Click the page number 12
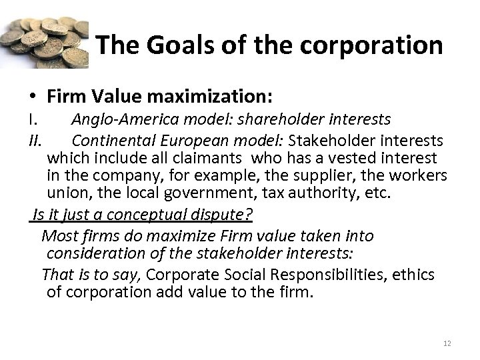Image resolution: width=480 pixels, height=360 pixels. tap(446, 343)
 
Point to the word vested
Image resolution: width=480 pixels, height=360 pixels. tap(343, 159)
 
